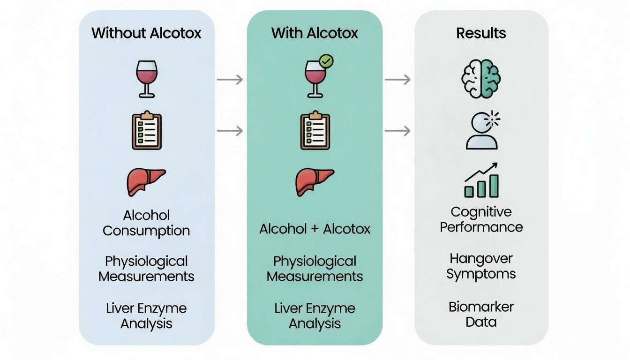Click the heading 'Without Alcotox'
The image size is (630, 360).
tap(146, 33)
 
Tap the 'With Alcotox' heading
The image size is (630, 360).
tap(315, 33)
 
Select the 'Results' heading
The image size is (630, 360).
tap(481, 33)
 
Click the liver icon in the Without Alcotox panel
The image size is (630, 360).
tap(146, 181)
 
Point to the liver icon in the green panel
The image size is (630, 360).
tap(315, 181)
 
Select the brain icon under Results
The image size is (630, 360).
tap(481, 78)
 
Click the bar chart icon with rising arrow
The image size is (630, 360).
tap(481, 180)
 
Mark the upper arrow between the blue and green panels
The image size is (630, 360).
tap(230, 80)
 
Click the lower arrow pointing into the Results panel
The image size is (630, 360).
tap(397, 131)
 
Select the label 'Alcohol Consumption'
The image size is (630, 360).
tap(146, 223)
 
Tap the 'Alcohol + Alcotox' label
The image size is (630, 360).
tap(315, 229)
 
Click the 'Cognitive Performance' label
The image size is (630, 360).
tap(481, 219)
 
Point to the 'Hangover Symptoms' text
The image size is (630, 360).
tap(481, 266)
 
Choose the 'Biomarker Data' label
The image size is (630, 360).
tap(481, 315)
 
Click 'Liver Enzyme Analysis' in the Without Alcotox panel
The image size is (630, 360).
tap(146, 316)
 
